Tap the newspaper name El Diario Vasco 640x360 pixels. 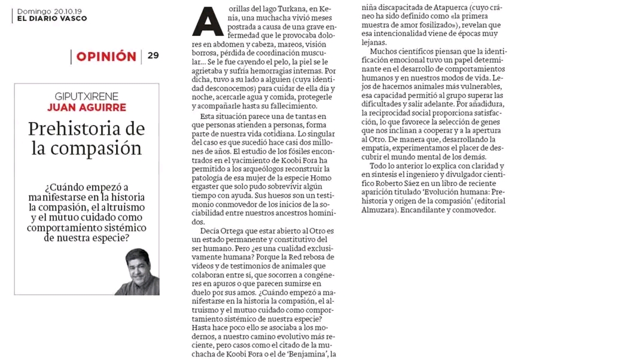[51, 19]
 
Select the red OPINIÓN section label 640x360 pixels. [106, 57]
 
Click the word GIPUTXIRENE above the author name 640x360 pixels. [86, 96]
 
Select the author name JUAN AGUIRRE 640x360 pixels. [86, 108]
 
